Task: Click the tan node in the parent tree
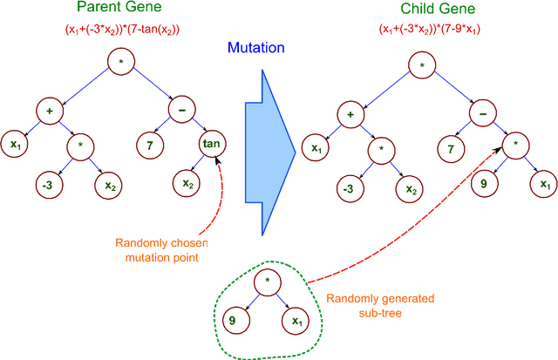pos(212,143)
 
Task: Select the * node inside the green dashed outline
pos(267,282)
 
